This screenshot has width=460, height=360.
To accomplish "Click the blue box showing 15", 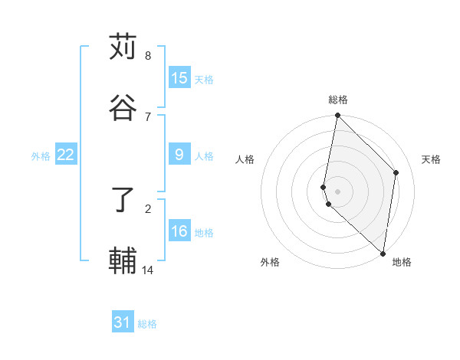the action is pyautogui.click(x=179, y=77).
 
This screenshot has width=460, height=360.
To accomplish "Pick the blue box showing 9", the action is pyautogui.click(x=179, y=155).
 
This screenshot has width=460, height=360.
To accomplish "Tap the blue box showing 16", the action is pyautogui.click(x=179, y=231).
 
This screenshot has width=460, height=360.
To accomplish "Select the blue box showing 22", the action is pyautogui.click(x=66, y=155).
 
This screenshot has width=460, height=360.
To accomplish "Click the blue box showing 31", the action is pyautogui.click(x=123, y=323).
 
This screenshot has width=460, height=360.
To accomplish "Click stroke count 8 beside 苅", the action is pyautogui.click(x=148, y=56).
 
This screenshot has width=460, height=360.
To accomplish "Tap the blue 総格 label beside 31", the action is pyautogui.click(x=148, y=324).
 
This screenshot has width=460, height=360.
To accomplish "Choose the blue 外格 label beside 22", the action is pyautogui.click(x=41, y=155).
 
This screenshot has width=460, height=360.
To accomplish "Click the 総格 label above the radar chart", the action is pyautogui.click(x=338, y=100).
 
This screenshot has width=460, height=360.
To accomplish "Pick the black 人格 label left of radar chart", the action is pyautogui.click(x=245, y=159).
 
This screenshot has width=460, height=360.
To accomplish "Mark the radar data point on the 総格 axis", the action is pyautogui.click(x=337, y=116).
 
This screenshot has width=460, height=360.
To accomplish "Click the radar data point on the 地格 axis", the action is pyautogui.click(x=383, y=254).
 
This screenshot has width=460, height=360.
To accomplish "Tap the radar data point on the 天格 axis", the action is pyautogui.click(x=396, y=172).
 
